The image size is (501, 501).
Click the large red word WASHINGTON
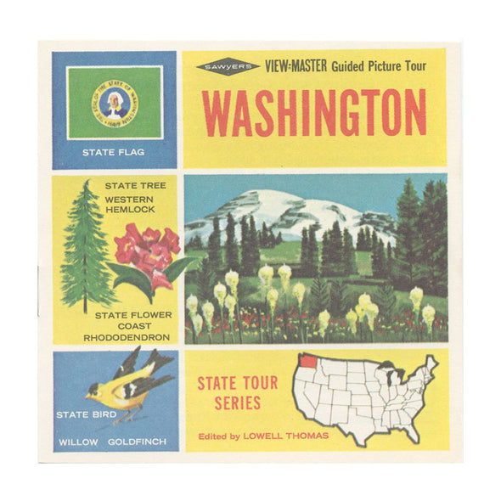tap(314, 113)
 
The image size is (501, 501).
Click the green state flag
tap(115, 102)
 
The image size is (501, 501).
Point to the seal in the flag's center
tap(115, 101)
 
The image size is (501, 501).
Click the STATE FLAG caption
tap(114, 153)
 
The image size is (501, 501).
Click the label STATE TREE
tap(136, 185)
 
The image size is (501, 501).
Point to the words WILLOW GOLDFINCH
tap(114, 442)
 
